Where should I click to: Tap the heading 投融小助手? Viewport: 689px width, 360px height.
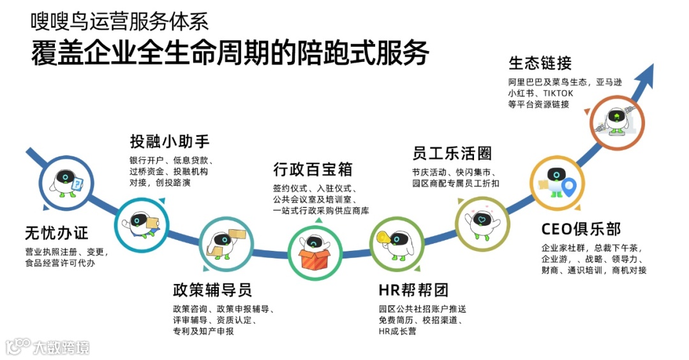(x=170, y=140)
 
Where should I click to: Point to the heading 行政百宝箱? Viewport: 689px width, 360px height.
(x=313, y=170)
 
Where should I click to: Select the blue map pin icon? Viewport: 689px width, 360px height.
(x=567, y=185)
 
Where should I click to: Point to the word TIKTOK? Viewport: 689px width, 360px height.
(x=558, y=93)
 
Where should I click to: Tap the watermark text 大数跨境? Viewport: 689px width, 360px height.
(x=62, y=347)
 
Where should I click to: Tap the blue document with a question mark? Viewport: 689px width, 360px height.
(x=77, y=184)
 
